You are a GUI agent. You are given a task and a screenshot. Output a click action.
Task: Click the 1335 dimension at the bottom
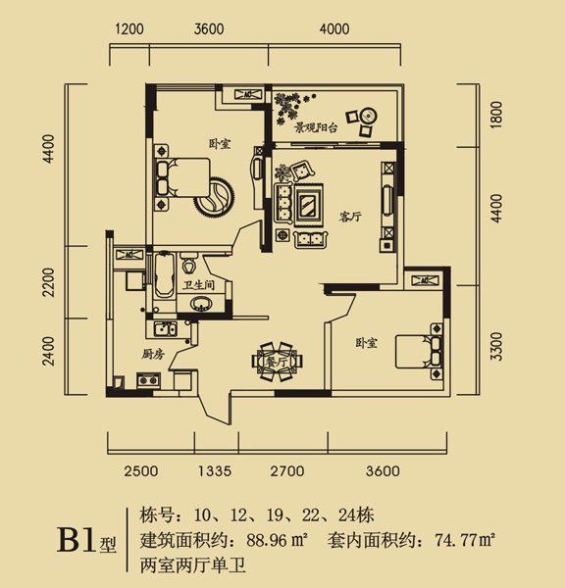click(215, 471)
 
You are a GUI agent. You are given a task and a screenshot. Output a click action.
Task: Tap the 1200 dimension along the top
click(129, 28)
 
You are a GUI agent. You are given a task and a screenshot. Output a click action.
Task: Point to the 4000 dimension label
click(334, 28)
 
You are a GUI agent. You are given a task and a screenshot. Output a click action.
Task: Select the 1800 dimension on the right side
click(496, 115)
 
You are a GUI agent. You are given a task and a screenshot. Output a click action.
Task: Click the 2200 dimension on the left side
click(48, 282)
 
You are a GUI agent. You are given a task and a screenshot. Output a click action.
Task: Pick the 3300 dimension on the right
click(496, 346)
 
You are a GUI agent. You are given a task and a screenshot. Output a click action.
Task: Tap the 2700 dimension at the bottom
click(287, 471)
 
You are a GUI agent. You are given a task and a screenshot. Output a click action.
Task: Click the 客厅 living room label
click(350, 217)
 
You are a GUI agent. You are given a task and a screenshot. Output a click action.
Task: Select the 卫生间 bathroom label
click(198, 285)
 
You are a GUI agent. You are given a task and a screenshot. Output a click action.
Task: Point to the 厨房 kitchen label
click(153, 354)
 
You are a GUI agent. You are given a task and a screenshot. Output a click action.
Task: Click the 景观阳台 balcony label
click(315, 128)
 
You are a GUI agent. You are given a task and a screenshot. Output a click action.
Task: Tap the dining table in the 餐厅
click(278, 362)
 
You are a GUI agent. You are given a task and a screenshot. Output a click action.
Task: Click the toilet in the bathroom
click(188, 262)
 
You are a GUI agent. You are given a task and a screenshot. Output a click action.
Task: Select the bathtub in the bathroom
click(165, 274)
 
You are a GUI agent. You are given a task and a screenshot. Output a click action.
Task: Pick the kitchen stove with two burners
click(148, 380)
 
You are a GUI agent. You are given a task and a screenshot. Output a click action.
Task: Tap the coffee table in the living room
click(308, 205)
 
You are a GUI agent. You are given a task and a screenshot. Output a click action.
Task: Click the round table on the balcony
click(368, 116)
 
